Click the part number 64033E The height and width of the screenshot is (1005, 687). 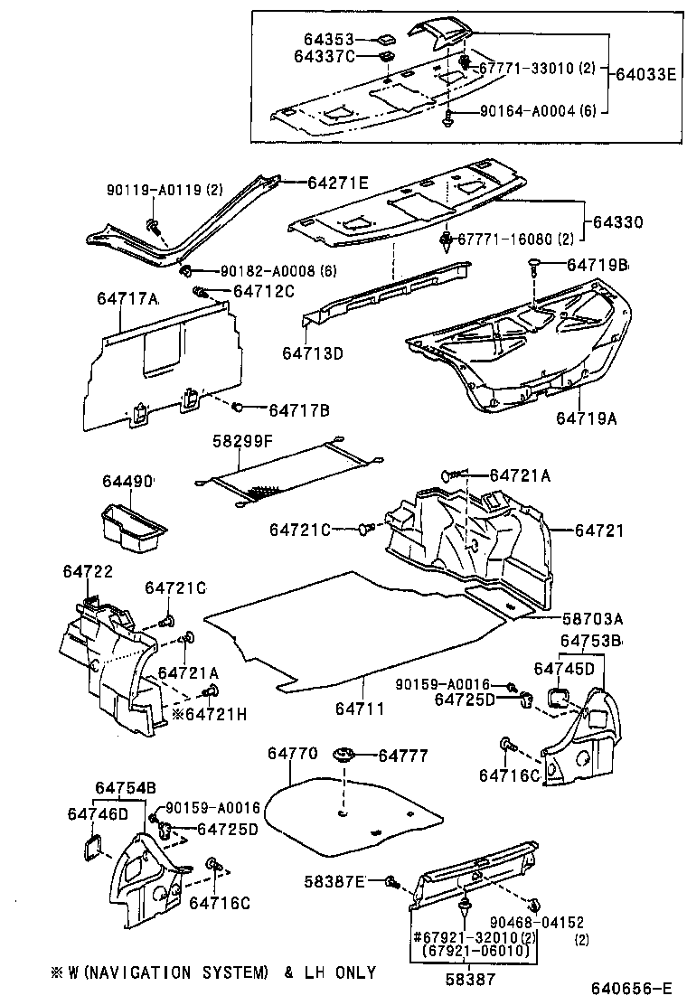point(645,75)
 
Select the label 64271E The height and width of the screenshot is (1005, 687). point(334,183)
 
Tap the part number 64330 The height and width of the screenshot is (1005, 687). point(618,221)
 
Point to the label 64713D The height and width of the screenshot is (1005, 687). point(312,352)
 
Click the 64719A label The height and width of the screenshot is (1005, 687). point(587,418)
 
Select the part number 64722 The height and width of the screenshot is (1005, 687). point(88,572)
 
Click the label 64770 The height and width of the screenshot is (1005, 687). point(293,752)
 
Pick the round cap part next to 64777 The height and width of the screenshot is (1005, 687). point(343,756)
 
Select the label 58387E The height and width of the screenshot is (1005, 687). point(334,881)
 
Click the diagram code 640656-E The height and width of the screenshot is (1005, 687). point(632,988)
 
